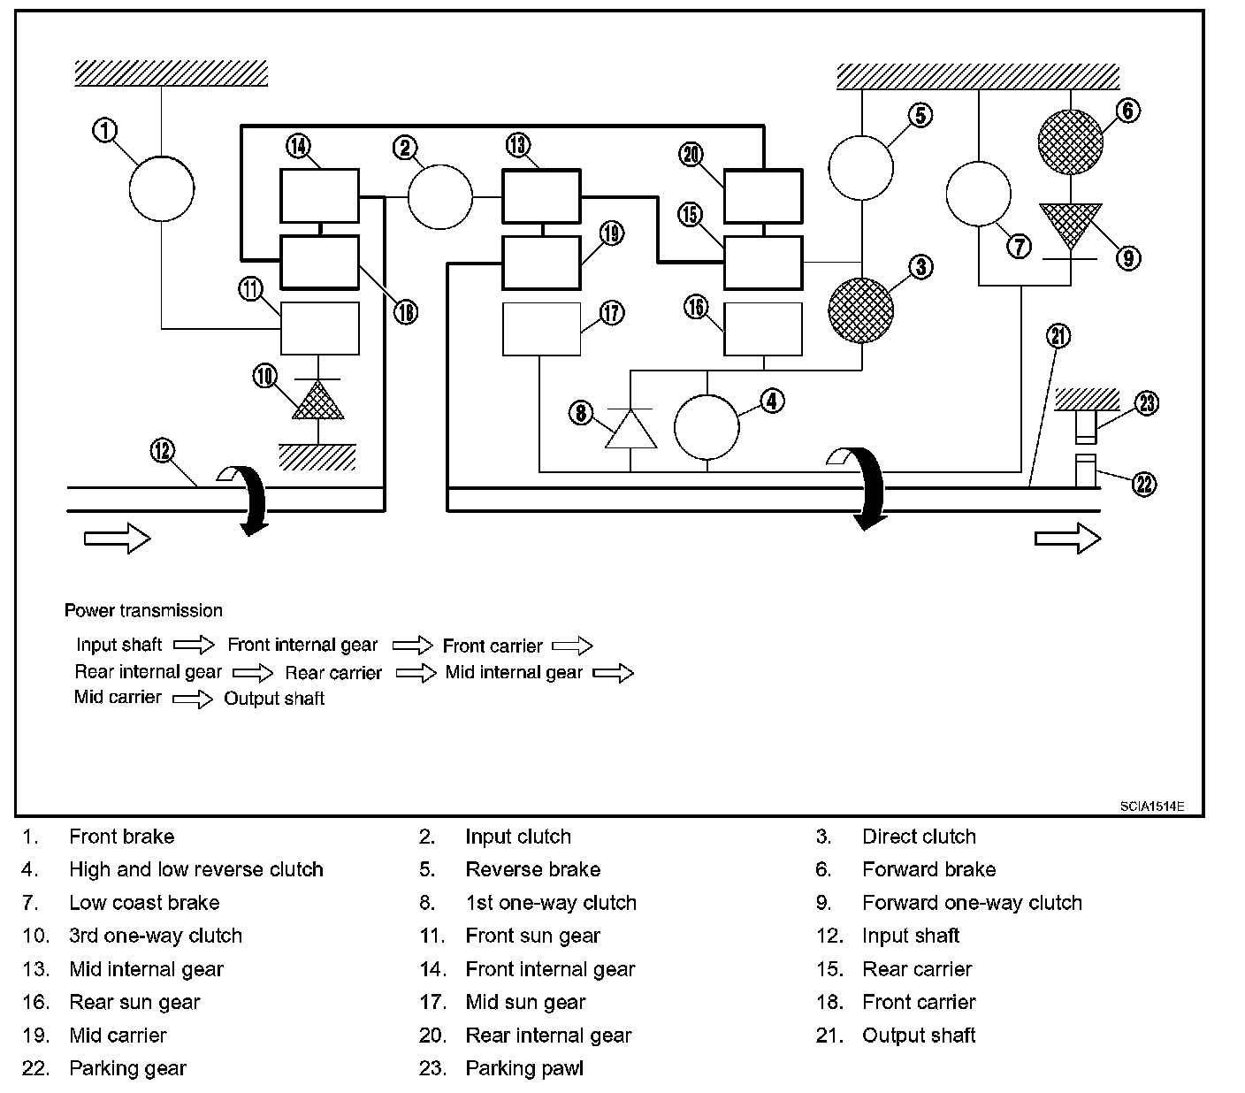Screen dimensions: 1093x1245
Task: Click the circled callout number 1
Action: (105, 131)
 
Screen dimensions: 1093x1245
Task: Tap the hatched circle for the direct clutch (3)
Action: (860, 311)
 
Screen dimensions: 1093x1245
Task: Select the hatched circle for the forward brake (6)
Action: (1070, 142)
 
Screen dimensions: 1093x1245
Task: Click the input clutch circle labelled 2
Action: (439, 195)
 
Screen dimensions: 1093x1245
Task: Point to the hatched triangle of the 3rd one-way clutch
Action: (318, 402)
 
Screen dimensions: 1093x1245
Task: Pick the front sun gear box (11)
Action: (319, 328)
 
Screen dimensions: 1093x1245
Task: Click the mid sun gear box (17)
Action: (541, 329)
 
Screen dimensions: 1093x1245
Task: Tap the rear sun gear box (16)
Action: (763, 329)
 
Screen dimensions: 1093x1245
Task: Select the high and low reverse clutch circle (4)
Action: (707, 427)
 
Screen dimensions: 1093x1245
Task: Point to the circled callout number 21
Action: (1058, 336)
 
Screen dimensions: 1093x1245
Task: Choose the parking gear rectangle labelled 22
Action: (1086, 470)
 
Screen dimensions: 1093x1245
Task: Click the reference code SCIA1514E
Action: (1150, 806)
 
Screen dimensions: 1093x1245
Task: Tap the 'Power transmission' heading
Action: (143, 610)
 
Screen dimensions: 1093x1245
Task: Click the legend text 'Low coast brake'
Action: (144, 903)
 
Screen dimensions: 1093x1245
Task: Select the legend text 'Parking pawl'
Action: (524, 1068)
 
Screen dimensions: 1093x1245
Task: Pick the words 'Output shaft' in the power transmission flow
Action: (274, 699)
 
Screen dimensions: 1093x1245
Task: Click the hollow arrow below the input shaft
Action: (117, 538)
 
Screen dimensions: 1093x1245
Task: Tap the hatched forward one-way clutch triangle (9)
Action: (1070, 225)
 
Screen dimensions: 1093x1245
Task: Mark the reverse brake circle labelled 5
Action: (860, 168)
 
